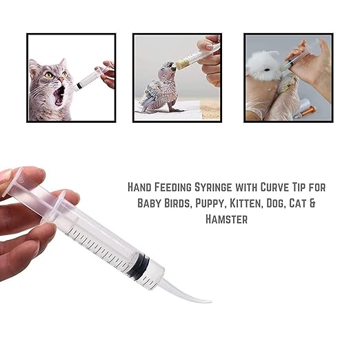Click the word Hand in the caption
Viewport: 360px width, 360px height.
click(141, 187)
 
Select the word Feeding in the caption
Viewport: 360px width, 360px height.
click(181, 187)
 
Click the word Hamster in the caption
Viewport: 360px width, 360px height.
click(226, 219)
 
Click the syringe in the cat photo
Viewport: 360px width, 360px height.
click(88, 79)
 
